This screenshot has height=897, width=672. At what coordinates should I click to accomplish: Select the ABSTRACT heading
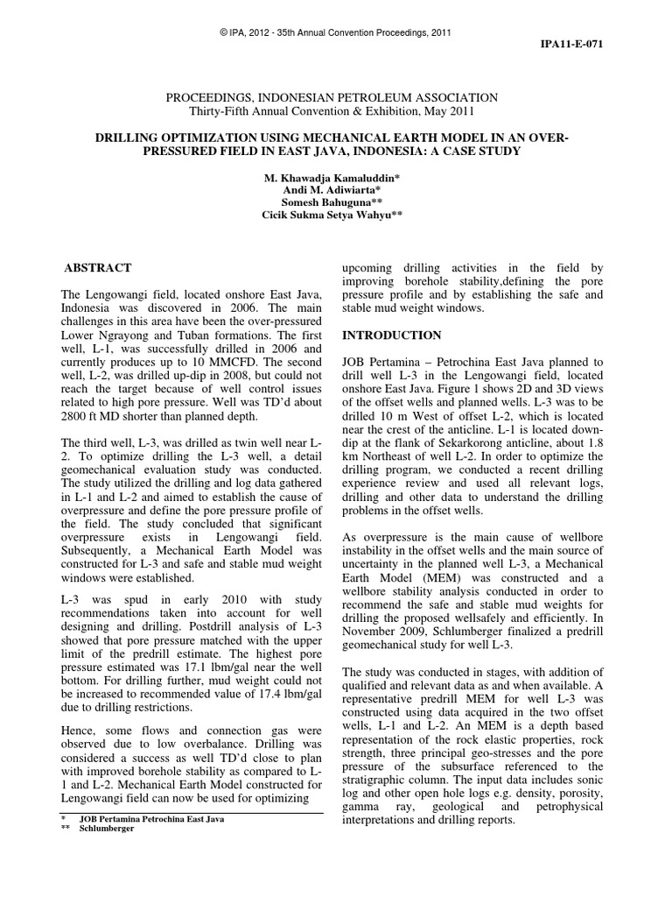coord(100,267)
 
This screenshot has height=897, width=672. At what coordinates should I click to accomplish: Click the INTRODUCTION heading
coord(392,335)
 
